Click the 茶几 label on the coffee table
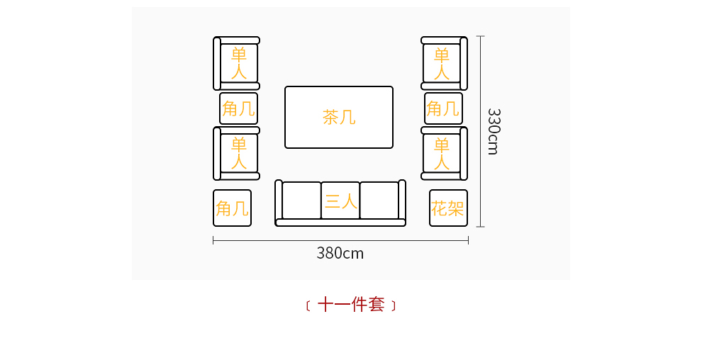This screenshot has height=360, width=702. click(x=339, y=117)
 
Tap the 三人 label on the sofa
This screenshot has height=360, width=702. click(x=340, y=201)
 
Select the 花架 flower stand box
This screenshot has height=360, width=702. click(x=448, y=208)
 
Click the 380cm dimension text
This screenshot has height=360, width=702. click(x=340, y=253)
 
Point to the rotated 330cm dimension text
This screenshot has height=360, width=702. click(x=494, y=131)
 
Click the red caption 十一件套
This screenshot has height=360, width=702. click(x=351, y=305)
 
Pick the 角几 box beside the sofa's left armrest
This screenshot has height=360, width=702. click(x=232, y=208)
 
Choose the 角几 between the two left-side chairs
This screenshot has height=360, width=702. click(x=238, y=108)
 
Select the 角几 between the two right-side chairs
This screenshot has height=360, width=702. click(x=443, y=108)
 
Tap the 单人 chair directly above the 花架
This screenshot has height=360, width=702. click(x=442, y=153)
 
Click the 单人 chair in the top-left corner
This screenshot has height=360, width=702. click(x=238, y=63)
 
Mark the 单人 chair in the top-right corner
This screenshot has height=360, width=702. click(x=442, y=63)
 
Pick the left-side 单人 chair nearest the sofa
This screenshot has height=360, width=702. click(x=238, y=153)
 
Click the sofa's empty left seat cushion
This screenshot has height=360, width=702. click(x=301, y=201)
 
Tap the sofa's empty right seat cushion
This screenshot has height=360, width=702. click(x=379, y=201)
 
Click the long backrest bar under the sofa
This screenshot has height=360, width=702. click(x=340, y=223)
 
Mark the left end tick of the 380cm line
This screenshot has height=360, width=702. click(x=213, y=241)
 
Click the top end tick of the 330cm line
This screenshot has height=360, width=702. click(x=481, y=36)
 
